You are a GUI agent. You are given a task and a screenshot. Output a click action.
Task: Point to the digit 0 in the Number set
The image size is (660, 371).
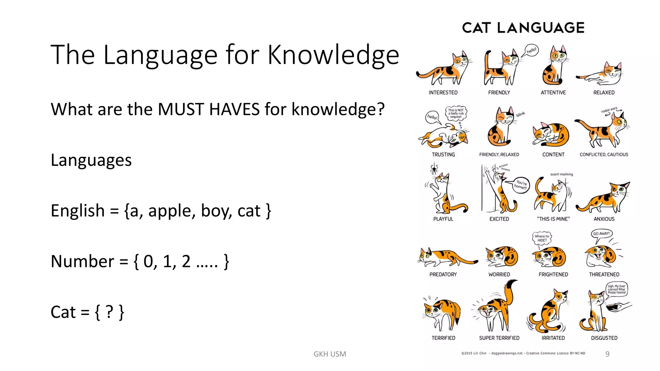[x=148, y=261]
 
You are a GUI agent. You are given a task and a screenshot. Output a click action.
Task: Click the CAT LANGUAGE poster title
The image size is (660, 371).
[x=523, y=28]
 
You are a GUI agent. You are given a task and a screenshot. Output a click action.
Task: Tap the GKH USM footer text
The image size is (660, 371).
[x=330, y=354]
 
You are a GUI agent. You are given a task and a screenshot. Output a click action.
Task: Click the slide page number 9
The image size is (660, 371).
[x=607, y=354]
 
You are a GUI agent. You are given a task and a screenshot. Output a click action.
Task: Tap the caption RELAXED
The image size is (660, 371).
[x=604, y=93]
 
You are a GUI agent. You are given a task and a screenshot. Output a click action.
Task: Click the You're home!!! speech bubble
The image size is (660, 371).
[x=520, y=185]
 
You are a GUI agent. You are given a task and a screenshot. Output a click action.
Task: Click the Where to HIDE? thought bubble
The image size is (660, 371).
[x=542, y=238]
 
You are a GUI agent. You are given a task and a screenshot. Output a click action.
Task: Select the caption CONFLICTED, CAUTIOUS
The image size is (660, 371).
[x=604, y=155]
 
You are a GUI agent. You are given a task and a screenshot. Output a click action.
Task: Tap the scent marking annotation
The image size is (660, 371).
[x=561, y=174]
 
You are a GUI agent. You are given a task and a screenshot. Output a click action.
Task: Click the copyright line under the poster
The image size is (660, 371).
[x=523, y=353]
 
